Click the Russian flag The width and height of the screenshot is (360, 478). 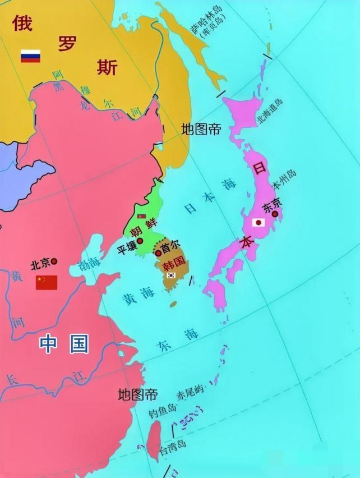tap(30, 56)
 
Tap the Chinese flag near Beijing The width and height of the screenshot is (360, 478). tap(47, 282)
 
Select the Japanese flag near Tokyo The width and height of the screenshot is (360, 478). tap(259, 222)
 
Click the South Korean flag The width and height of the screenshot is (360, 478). tap(171, 275)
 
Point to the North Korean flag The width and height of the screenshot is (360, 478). tap(142, 216)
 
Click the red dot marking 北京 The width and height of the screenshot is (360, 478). tap(54, 261)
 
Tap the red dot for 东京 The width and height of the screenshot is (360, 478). tap(275, 213)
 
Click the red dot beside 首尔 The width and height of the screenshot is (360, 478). tap(159, 253)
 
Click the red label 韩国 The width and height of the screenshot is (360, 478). tap(172, 261)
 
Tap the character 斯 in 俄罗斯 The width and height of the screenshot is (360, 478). tap(107, 67)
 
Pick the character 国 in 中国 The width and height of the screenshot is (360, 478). tap(80, 344)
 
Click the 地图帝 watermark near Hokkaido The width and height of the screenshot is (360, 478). tap(201, 129)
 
